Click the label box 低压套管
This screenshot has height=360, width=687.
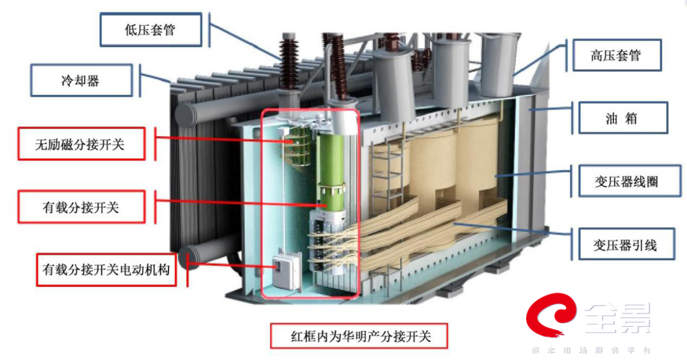tap(150, 30)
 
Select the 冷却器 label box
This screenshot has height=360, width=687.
tap(81, 81)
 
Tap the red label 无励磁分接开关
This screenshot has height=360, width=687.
tap(80, 144)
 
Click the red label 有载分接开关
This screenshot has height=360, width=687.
tap(80, 207)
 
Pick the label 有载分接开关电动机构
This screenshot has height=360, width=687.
tap(106, 269)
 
